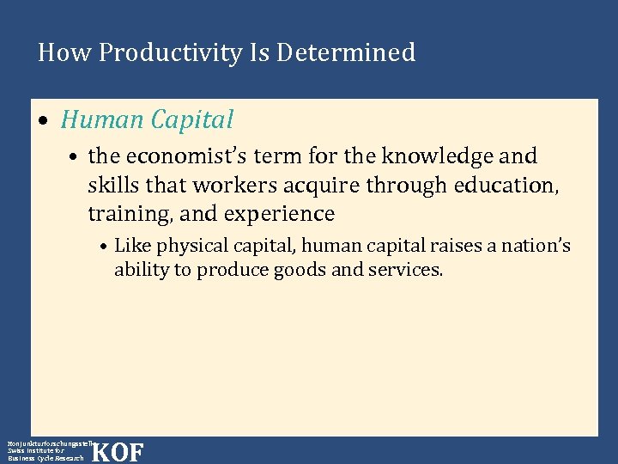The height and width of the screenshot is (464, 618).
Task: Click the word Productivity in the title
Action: [170, 53]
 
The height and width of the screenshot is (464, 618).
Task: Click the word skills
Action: [112, 185]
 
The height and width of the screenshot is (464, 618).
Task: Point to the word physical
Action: [184, 247]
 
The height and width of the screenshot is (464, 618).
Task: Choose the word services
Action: [411, 269]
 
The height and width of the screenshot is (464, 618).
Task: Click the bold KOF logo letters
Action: [117, 452]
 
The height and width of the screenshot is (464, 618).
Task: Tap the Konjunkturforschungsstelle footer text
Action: [47, 441]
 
